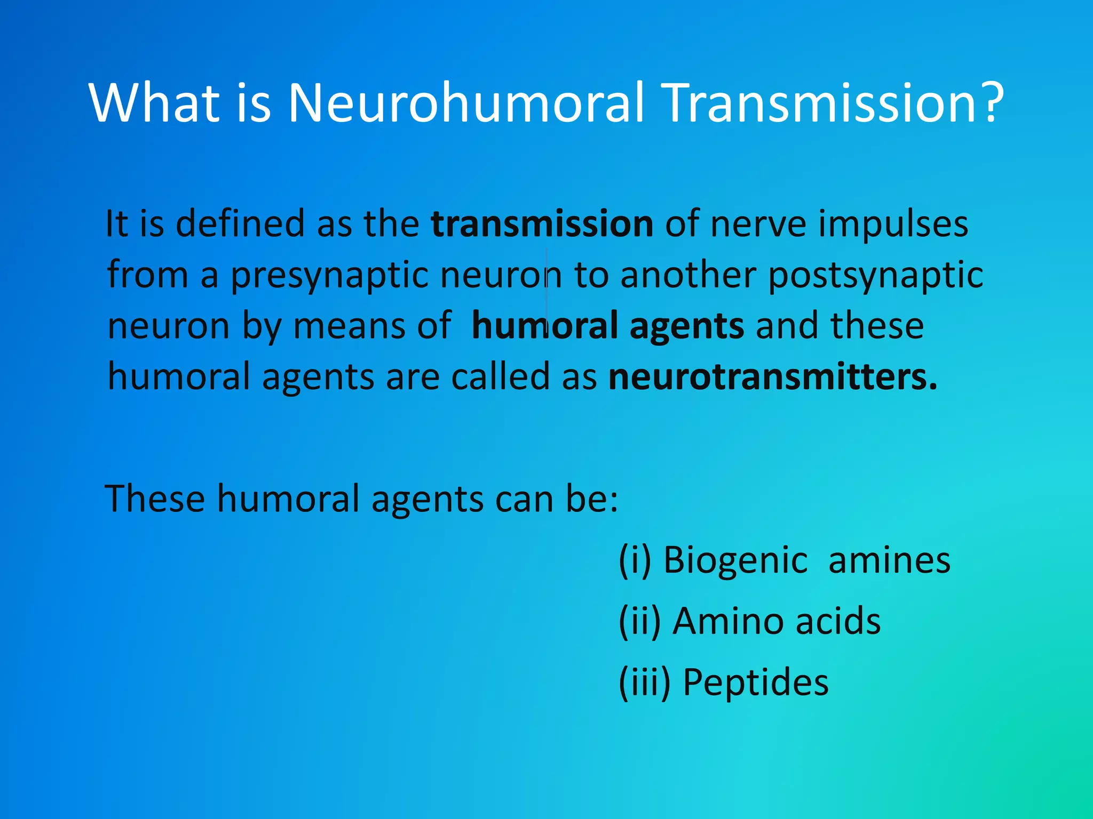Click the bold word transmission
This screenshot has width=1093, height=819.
pyautogui.click(x=542, y=224)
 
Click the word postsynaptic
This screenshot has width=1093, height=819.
pyautogui.click(x=875, y=276)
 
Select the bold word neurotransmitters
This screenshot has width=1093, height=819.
pyautogui.click(x=772, y=377)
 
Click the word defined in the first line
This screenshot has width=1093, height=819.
pyautogui.click(x=240, y=224)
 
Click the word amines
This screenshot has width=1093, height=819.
pyautogui.click(x=889, y=560)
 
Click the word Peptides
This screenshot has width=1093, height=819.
pyautogui.click(x=756, y=682)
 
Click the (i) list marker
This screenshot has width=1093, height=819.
pyautogui.click(x=635, y=560)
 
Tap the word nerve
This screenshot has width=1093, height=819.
pyautogui.click(x=758, y=224)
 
